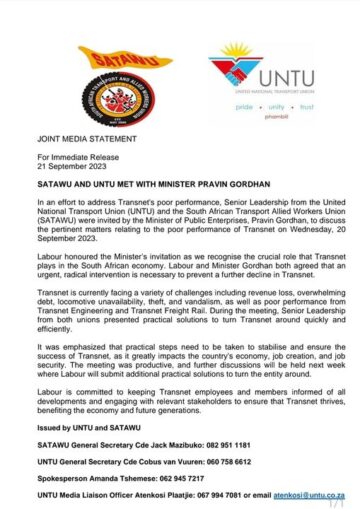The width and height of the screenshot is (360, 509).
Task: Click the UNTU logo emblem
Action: point(231,76)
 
